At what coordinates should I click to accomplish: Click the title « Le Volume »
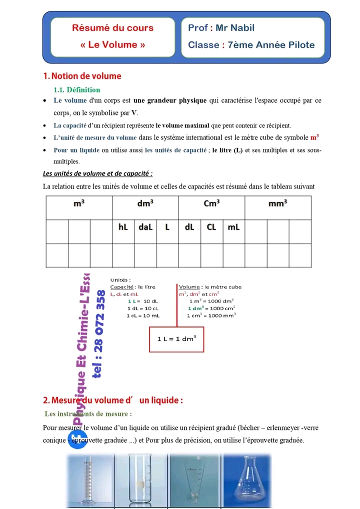coord(112,44)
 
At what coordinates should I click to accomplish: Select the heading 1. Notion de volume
coord(82,76)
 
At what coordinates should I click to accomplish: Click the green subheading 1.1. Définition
coord(76,90)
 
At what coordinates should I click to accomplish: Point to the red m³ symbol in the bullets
coord(314,137)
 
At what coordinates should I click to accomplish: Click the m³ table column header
coord(78,203)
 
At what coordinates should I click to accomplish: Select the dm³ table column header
coord(145,203)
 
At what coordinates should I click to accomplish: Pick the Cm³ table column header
coord(211,203)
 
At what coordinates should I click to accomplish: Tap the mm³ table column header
coord(277,203)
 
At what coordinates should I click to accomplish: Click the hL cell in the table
coord(123,227)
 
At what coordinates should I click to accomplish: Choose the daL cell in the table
coord(145,227)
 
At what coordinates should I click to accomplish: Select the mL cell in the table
coord(233,227)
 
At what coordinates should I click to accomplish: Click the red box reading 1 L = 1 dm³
coord(176,339)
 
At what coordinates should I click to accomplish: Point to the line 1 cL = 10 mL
coord(143,315)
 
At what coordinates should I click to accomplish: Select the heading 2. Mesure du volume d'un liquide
coord(113,400)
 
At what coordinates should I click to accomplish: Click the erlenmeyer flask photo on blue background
coord(247,480)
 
